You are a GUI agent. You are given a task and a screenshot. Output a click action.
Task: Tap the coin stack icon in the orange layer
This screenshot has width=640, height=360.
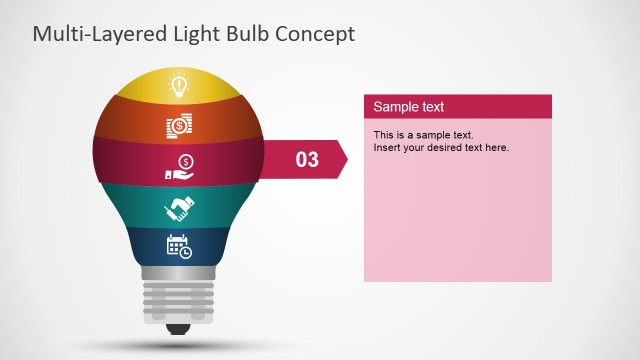179,126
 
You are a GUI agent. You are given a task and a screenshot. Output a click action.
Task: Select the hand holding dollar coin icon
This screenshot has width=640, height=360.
180,166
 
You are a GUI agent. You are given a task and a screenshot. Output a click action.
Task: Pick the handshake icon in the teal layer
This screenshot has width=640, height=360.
179,209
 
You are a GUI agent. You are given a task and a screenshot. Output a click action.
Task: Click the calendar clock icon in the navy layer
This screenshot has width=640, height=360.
179,247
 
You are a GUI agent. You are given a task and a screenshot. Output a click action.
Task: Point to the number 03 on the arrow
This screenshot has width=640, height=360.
307,159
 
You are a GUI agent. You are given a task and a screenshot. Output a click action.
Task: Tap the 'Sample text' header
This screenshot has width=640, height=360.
409,107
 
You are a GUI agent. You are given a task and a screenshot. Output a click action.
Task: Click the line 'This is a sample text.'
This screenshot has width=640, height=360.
423,134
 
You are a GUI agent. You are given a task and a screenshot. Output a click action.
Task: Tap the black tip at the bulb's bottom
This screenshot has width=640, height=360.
180,329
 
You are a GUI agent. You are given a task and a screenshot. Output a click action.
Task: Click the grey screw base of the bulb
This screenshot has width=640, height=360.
180,296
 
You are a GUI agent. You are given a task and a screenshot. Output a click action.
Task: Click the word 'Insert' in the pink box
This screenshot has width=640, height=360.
388,148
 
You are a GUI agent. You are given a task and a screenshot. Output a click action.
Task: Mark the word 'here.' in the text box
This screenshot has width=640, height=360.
497,148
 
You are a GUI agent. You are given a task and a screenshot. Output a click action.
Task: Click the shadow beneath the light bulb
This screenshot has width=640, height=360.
180,346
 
